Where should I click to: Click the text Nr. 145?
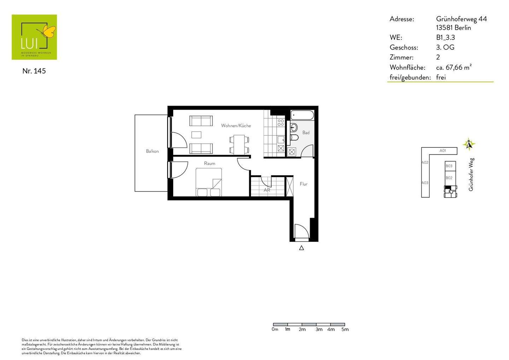click(x=34, y=71)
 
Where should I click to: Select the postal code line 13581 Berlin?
click(x=454, y=28)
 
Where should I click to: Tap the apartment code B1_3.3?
click(x=445, y=37)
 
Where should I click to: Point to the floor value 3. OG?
click(x=445, y=47)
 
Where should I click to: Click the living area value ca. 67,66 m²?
click(x=454, y=67)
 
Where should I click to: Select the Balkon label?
click(x=152, y=151)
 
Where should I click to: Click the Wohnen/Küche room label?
click(x=236, y=126)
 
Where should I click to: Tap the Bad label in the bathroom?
click(x=306, y=133)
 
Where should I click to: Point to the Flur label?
click(x=303, y=184)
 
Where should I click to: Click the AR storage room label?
click(x=267, y=190)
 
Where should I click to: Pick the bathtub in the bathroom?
click(x=302, y=115)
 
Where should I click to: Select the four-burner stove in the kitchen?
click(x=281, y=123)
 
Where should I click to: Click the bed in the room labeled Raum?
click(x=209, y=182)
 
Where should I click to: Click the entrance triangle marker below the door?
click(x=302, y=248)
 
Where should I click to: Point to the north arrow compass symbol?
click(x=469, y=144)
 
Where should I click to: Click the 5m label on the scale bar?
click(x=345, y=330)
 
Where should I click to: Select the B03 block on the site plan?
click(x=449, y=166)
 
